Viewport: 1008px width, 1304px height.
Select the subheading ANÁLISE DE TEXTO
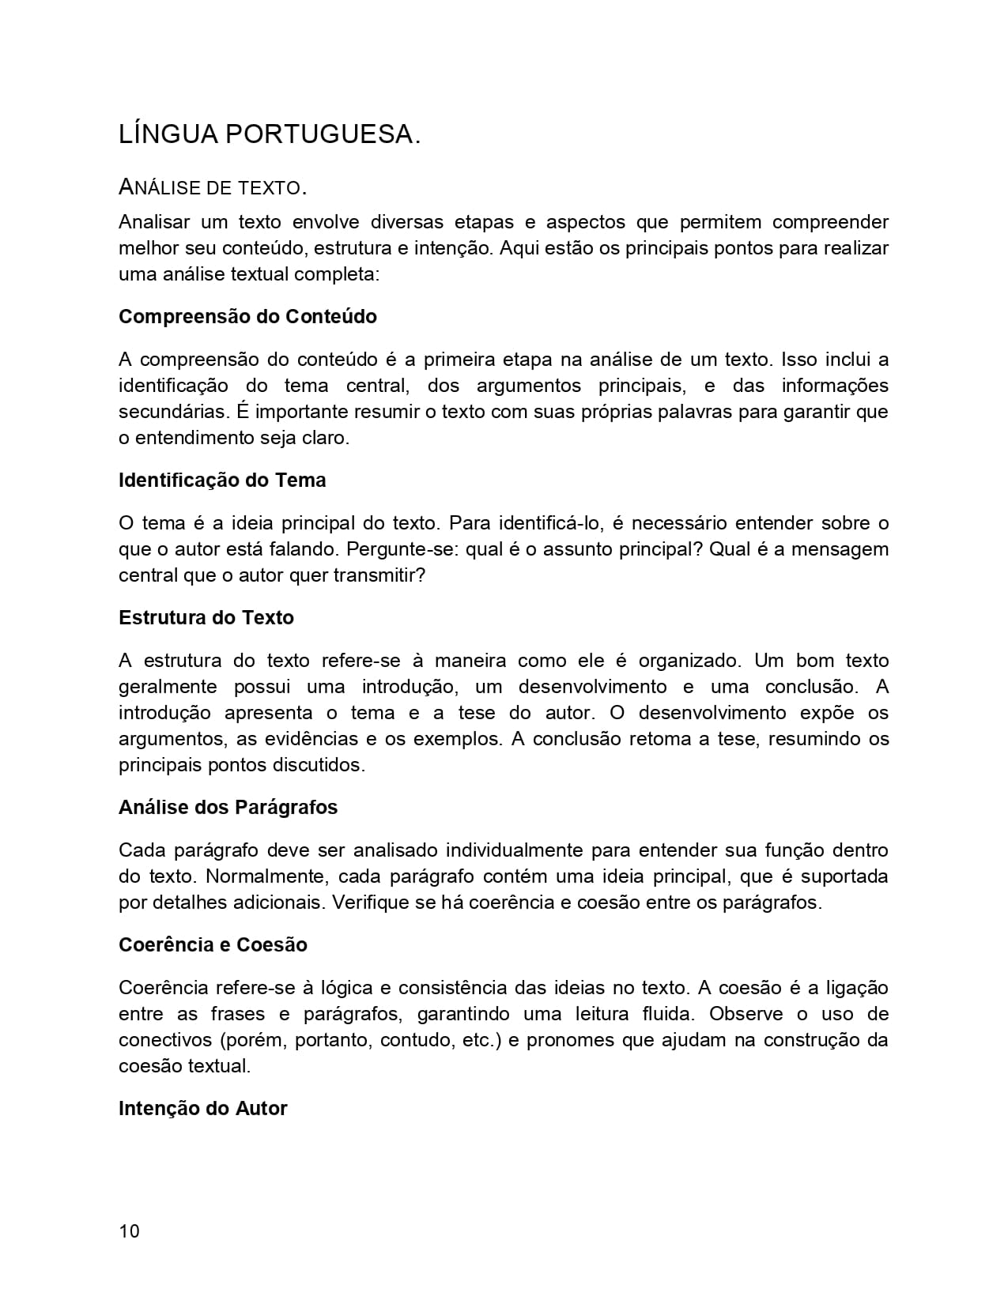point(212,188)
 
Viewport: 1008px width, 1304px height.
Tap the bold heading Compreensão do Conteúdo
point(247,317)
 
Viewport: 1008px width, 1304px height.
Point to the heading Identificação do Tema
point(222,481)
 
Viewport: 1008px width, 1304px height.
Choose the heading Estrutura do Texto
point(206,618)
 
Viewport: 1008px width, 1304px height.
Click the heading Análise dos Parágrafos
point(228,808)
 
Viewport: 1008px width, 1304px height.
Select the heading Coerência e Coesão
point(213,945)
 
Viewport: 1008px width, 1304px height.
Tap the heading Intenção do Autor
point(202,1109)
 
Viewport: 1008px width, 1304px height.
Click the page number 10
point(129,1231)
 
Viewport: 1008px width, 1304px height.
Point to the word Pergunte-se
point(401,549)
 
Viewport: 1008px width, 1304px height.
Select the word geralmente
point(168,687)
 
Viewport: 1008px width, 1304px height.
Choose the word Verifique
point(371,903)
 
